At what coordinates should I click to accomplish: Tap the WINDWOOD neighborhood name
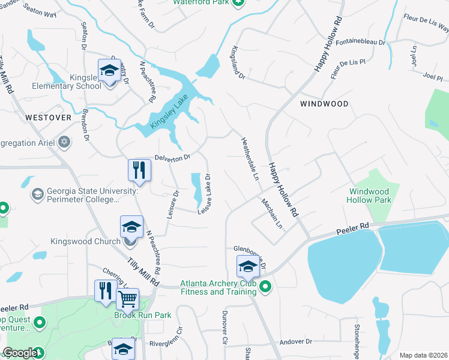coord(324,104)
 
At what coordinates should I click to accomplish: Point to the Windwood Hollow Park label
coord(370,196)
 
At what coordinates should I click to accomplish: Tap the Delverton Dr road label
coord(172,157)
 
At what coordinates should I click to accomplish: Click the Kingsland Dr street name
coord(238,64)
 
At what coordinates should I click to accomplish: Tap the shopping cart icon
coord(127,298)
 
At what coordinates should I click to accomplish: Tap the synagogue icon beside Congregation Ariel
coord(64,142)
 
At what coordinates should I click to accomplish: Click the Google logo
coord(20,353)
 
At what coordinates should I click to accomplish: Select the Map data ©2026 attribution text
coord(423,355)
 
